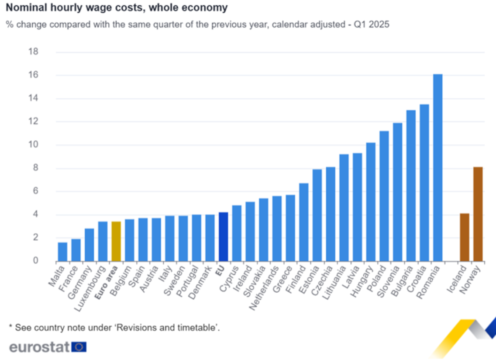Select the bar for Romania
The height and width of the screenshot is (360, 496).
point(437,168)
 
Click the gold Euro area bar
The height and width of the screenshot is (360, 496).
point(116,241)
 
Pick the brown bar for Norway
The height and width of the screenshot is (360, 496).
point(478,214)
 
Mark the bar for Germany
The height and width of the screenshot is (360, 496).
point(89,245)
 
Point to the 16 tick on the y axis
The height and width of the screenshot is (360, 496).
point(33,75)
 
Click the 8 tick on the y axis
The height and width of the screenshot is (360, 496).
point(35,168)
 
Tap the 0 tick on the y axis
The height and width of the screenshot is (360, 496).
point(35,261)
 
